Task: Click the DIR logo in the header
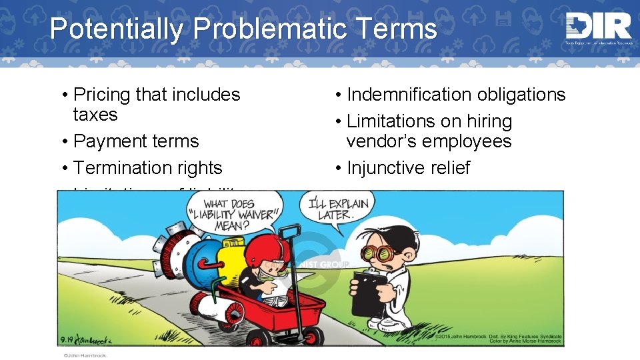(597, 28)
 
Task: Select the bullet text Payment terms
(136, 141)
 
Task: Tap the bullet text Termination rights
(148, 168)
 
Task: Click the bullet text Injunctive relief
(408, 168)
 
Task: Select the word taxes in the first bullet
(95, 115)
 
